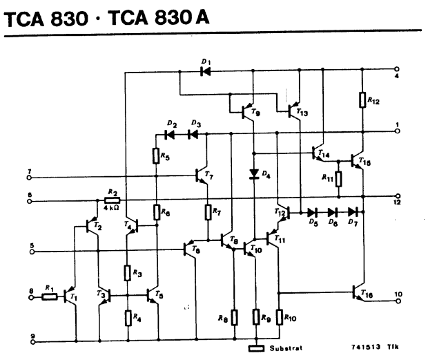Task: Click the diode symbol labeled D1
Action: pyautogui.click(x=206, y=71)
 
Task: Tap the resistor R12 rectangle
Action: pyautogui.click(x=362, y=100)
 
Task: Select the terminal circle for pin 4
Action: pyautogui.click(x=397, y=69)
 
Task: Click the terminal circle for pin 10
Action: pyautogui.click(x=398, y=301)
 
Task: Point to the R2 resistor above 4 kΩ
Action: pyautogui.click(x=113, y=200)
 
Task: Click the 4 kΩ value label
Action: pyautogui.click(x=111, y=208)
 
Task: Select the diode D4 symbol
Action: pyautogui.click(x=254, y=174)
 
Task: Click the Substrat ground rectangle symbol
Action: pyautogui.click(x=256, y=348)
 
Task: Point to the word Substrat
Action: pyautogui.click(x=286, y=348)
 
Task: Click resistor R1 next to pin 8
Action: pyautogui.click(x=50, y=297)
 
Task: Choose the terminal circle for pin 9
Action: pyautogui.click(x=33, y=342)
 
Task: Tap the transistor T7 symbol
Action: pyautogui.click(x=202, y=176)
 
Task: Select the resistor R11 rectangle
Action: pyautogui.click(x=338, y=179)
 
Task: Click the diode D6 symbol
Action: pyautogui.click(x=333, y=213)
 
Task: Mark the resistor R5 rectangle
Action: pyautogui.click(x=156, y=155)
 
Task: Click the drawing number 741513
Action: pyautogui.click(x=365, y=347)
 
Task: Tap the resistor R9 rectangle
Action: pyautogui.click(x=256, y=316)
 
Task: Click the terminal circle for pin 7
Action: pyautogui.click(x=29, y=178)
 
